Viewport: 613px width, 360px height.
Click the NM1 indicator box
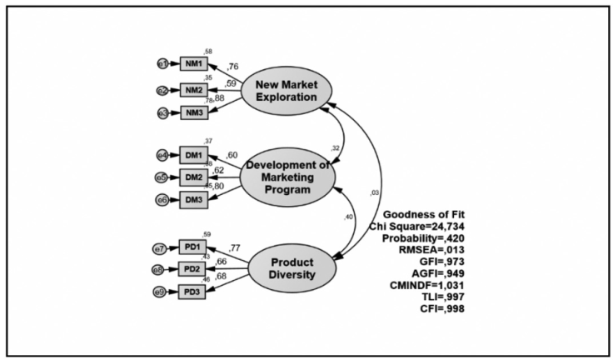coord(193,62)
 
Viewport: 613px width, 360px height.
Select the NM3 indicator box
coord(193,112)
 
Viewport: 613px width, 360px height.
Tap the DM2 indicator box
coord(193,177)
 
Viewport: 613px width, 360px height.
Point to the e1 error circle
coord(162,62)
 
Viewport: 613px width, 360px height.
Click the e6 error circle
coord(162,198)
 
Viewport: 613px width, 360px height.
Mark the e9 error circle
coord(162,292)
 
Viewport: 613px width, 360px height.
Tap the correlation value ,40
coord(351,217)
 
